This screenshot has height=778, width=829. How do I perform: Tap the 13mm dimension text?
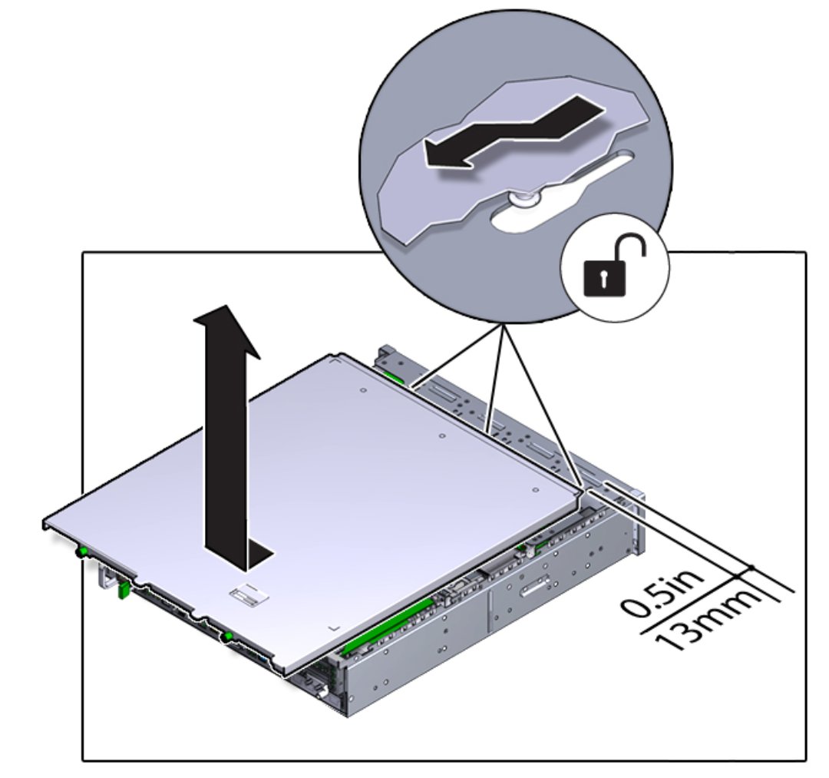[708, 619]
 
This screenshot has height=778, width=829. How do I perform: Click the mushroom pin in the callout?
[523, 200]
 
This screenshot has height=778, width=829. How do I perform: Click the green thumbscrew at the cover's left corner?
[82, 553]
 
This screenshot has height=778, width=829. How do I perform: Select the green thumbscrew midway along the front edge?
[228, 636]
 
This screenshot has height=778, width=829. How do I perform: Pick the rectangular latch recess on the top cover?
[249, 596]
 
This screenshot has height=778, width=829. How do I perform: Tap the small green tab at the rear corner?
[393, 376]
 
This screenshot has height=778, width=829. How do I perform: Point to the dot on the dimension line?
[751, 568]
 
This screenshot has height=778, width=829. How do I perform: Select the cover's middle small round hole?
[442, 436]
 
